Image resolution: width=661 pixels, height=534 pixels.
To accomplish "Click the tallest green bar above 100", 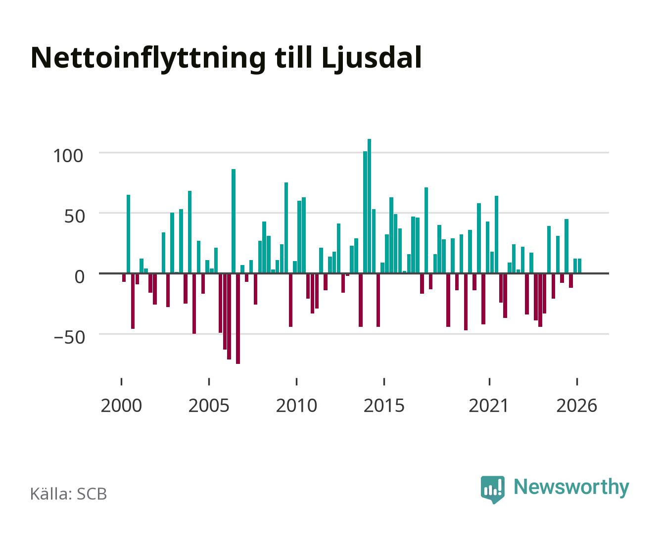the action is pos(369,206).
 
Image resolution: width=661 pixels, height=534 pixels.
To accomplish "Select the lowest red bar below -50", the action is pos(237,318).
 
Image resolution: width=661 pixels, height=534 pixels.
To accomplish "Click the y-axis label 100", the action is pos(68,156).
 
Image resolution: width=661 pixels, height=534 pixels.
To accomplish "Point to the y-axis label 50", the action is pos(74,216).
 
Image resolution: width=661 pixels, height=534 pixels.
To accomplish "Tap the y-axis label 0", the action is pos(80,276).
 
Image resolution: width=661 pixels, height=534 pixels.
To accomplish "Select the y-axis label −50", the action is pos(69,337).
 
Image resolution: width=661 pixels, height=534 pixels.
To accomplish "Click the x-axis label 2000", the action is pos(121,405).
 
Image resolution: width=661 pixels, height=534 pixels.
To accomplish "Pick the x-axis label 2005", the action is pos(209,405).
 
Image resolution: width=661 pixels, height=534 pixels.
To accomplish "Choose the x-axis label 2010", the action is pos(296,405).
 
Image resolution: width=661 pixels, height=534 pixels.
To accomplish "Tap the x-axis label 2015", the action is pos(384,405).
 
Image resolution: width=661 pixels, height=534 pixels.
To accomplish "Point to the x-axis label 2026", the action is pos(576,405).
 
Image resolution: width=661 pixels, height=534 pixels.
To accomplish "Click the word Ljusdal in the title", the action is pos(372,59).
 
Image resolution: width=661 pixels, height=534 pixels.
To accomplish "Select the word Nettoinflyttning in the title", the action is pos(148,59).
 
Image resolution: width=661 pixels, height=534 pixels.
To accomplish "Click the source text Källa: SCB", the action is pos(69,493).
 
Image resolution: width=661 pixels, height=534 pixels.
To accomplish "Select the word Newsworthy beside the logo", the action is pos(571,487).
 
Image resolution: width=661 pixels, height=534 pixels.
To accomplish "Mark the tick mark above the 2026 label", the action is pos(577,382).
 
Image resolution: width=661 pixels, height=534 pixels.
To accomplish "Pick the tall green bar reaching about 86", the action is pos(234,221).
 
